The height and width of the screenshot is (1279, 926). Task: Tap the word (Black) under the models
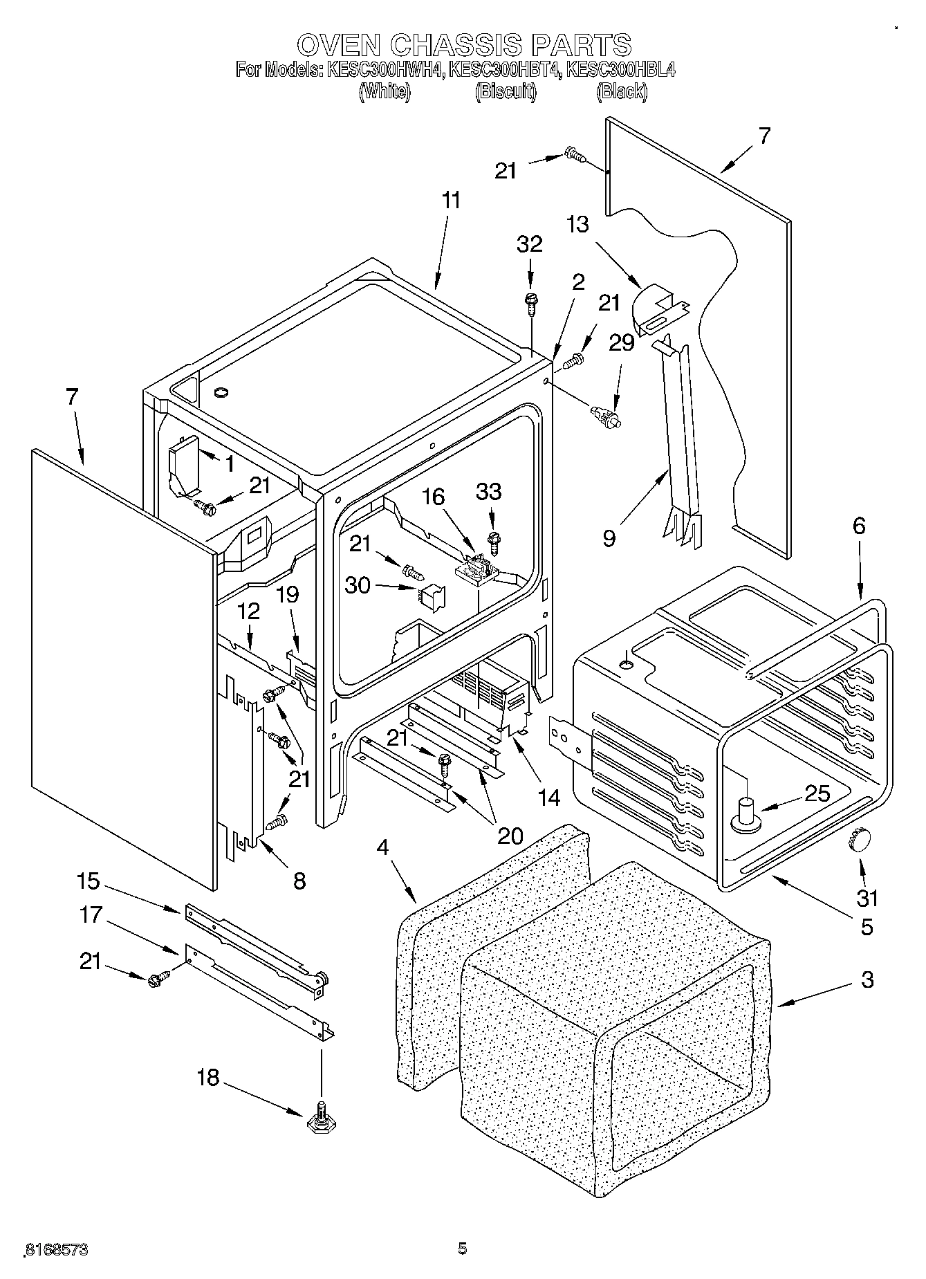coord(622,91)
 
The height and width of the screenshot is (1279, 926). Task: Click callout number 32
coord(530,243)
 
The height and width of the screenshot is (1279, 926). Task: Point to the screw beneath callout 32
coord(531,302)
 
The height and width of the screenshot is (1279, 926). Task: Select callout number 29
coord(621,342)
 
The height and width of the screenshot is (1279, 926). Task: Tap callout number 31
coord(867,898)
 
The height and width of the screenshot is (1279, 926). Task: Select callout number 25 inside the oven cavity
coord(817,793)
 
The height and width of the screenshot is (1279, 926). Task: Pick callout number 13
coord(577,224)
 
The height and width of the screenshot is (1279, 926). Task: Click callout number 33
coord(489,492)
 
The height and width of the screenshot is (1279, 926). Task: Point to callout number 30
coord(358,585)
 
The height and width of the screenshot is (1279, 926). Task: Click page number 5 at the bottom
coord(462,1249)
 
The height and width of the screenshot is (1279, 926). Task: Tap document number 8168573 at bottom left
coord(56,1250)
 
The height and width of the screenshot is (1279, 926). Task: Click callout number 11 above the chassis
coord(450,201)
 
